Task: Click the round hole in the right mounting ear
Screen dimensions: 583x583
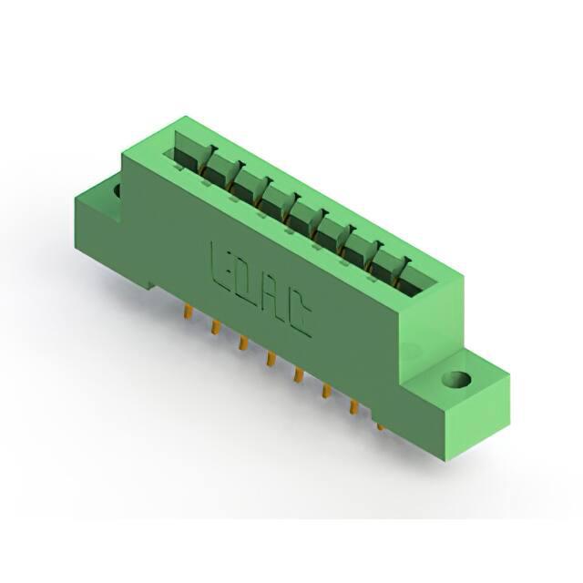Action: click(x=456, y=380)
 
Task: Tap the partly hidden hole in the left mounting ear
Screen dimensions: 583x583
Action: click(x=118, y=190)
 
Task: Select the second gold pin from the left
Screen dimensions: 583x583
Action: click(x=216, y=328)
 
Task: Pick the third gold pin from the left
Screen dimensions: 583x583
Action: click(x=243, y=343)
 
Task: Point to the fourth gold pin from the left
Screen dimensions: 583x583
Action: click(x=271, y=359)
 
